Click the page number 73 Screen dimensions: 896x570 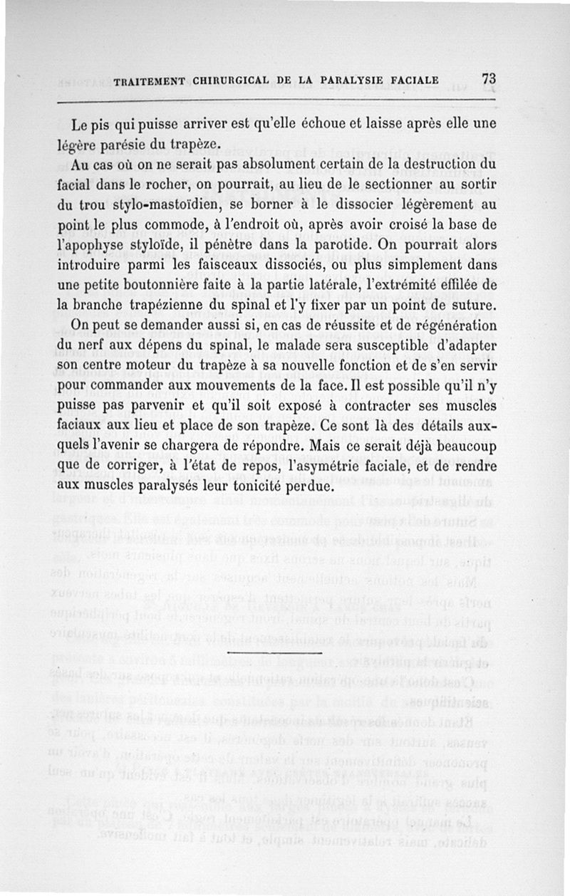pyautogui.click(x=488, y=79)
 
